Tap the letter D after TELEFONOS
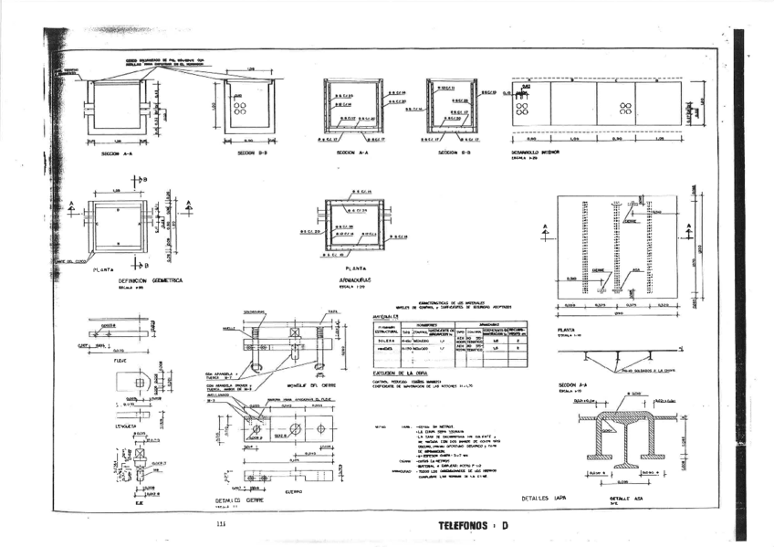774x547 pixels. (505, 526)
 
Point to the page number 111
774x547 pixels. (220, 524)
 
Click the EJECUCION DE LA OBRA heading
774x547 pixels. (402, 373)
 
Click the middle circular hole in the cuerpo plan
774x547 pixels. (294, 429)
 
